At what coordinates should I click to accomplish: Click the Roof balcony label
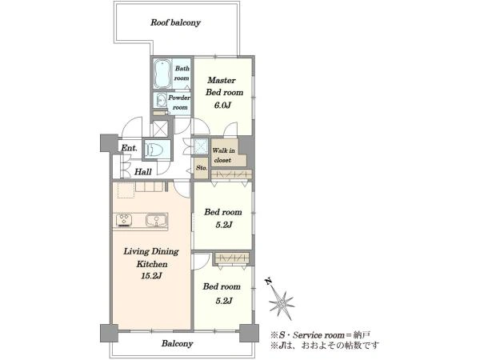coord(175,22)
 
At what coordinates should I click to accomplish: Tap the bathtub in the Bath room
coord(162,74)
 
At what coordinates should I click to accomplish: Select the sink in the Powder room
coord(161,101)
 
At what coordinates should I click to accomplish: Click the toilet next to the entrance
coord(154,150)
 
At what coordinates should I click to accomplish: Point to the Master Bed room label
coord(224,86)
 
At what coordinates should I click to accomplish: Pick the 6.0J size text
coord(222,106)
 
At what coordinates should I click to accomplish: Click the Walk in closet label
coord(223,155)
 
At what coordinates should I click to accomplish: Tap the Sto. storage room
coord(201,168)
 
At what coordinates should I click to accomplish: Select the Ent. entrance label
coord(129,148)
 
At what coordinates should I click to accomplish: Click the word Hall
coord(143,172)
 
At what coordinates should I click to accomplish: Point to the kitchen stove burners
coord(124,220)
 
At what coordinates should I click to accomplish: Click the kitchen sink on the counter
coord(157,220)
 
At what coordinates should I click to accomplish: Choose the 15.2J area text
coord(151,276)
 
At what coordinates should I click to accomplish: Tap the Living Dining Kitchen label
coord(151,258)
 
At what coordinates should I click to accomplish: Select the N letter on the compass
coord(269,282)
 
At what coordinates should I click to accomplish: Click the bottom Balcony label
coord(178,343)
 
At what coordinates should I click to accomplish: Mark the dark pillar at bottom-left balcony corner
coord(109,333)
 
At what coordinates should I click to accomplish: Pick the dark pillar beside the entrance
coord(109,143)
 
